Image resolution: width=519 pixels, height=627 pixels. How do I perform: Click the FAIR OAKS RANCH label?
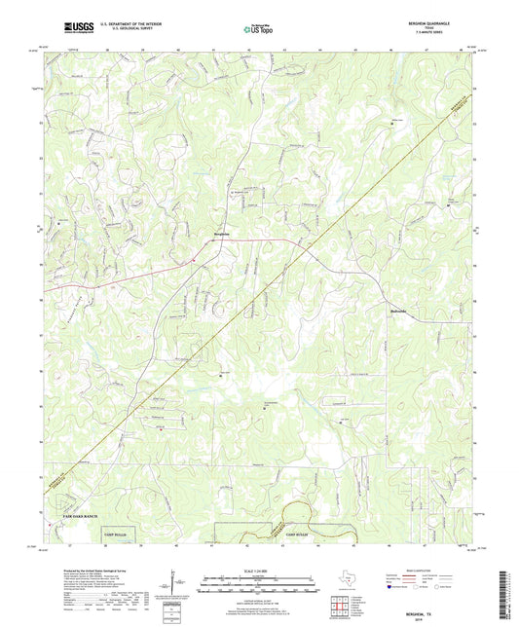pyautogui.click(x=74, y=515)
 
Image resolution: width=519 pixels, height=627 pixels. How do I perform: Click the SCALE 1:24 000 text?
pyautogui.click(x=259, y=570)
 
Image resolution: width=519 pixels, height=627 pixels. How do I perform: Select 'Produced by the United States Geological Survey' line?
pyautogui.click(x=89, y=572)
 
